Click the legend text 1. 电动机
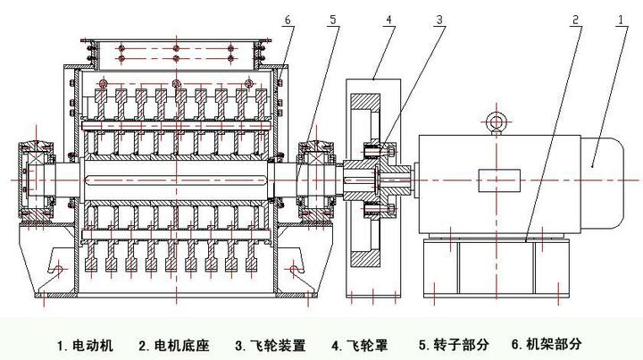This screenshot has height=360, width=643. click(x=87, y=344)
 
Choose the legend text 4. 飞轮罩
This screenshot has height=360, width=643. click(x=361, y=344)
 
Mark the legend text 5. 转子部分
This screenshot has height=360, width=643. click(x=453, y=344)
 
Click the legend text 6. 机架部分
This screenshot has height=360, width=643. click(x=547, y=344)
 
